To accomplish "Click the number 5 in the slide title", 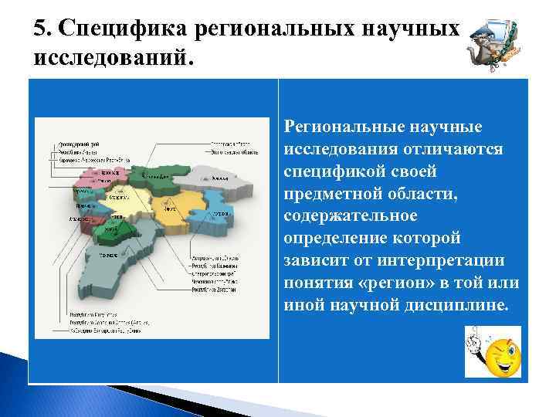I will (x=39, y=29).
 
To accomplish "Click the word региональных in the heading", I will (x=286, y=29).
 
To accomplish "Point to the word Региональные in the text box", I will (x=341, y=126).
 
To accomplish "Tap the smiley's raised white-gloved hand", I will (x=473, y=341).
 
